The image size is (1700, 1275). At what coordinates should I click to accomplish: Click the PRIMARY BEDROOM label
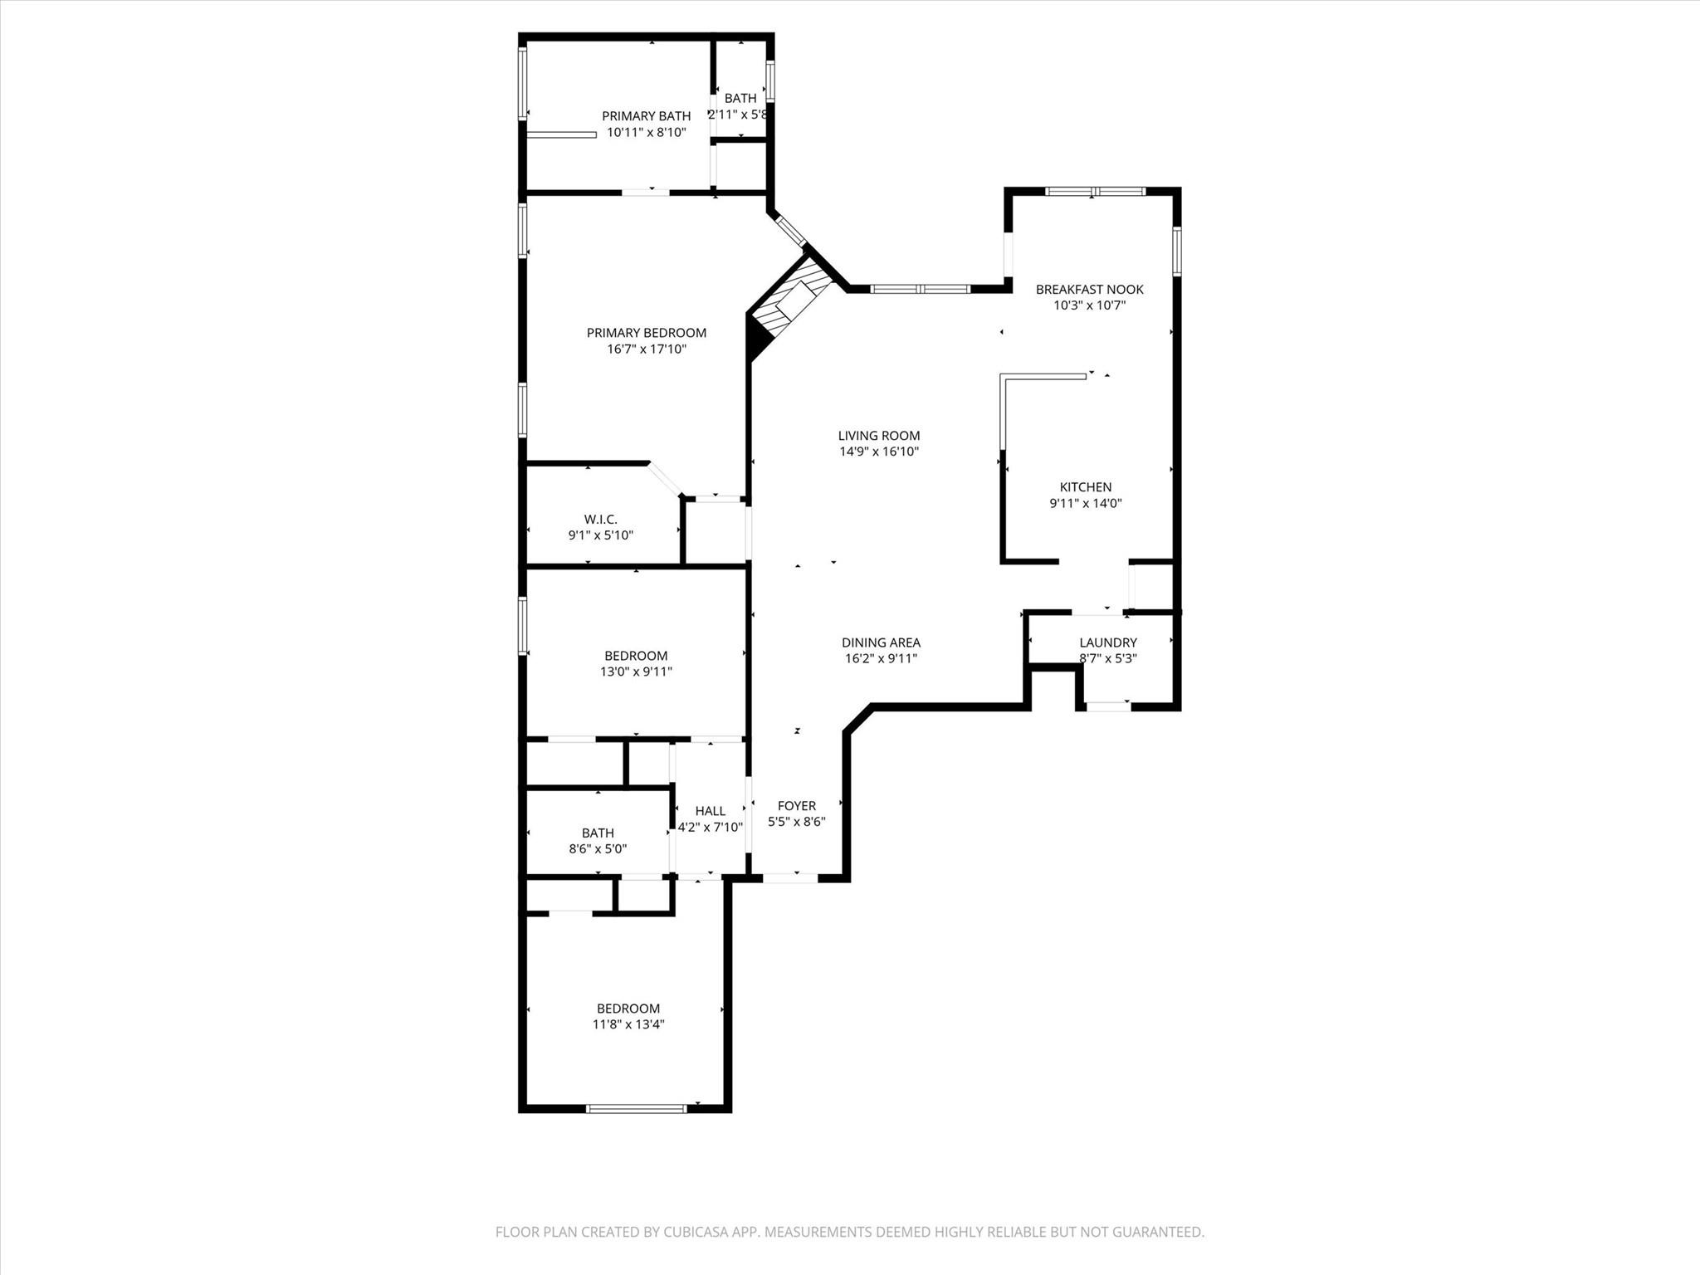coord(646,333)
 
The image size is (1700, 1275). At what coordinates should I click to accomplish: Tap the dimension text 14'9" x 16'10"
coord(878,452)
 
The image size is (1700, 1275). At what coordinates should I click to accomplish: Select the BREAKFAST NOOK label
coord(1089,290)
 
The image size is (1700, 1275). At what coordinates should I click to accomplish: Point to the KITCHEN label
coord(1085,487)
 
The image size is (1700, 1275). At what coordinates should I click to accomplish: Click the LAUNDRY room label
coord(1107,642)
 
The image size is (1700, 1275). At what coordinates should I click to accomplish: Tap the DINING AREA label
coord(881,642)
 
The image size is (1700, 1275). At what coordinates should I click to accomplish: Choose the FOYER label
coord(796,806)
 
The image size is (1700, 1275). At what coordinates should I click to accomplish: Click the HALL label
coord(710,811)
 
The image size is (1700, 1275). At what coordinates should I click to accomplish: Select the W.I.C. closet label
coord(600,520)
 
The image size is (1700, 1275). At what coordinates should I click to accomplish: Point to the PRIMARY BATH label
coord(646,116)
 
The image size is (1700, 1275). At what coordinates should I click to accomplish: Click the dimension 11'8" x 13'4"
coord(628,1024)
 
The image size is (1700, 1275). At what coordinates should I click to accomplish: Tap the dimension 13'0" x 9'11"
coord(636,672)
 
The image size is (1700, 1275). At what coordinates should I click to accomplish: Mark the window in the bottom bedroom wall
coord(637,1108)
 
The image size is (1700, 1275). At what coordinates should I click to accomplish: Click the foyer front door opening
coord(790,877)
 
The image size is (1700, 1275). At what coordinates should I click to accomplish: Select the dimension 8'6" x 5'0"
coord(597,849)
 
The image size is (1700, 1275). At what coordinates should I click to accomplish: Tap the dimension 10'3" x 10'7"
coord(1089,305)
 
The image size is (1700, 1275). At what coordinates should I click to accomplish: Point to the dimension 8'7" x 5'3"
coord(1107,658)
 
